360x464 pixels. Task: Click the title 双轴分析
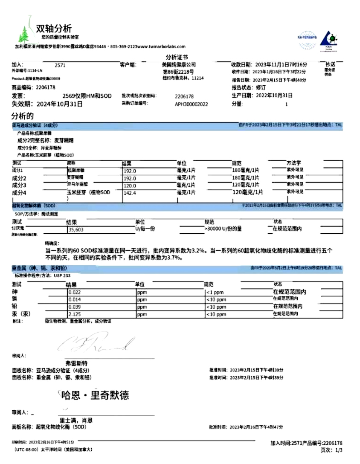pos(54,28)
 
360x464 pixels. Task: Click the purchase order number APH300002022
pos(191,104)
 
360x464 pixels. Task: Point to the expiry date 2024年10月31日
pos(59,104)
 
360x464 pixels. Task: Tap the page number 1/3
pos(339,450)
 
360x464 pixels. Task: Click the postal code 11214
pos(197,78)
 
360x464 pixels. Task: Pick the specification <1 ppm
pos(215,293)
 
